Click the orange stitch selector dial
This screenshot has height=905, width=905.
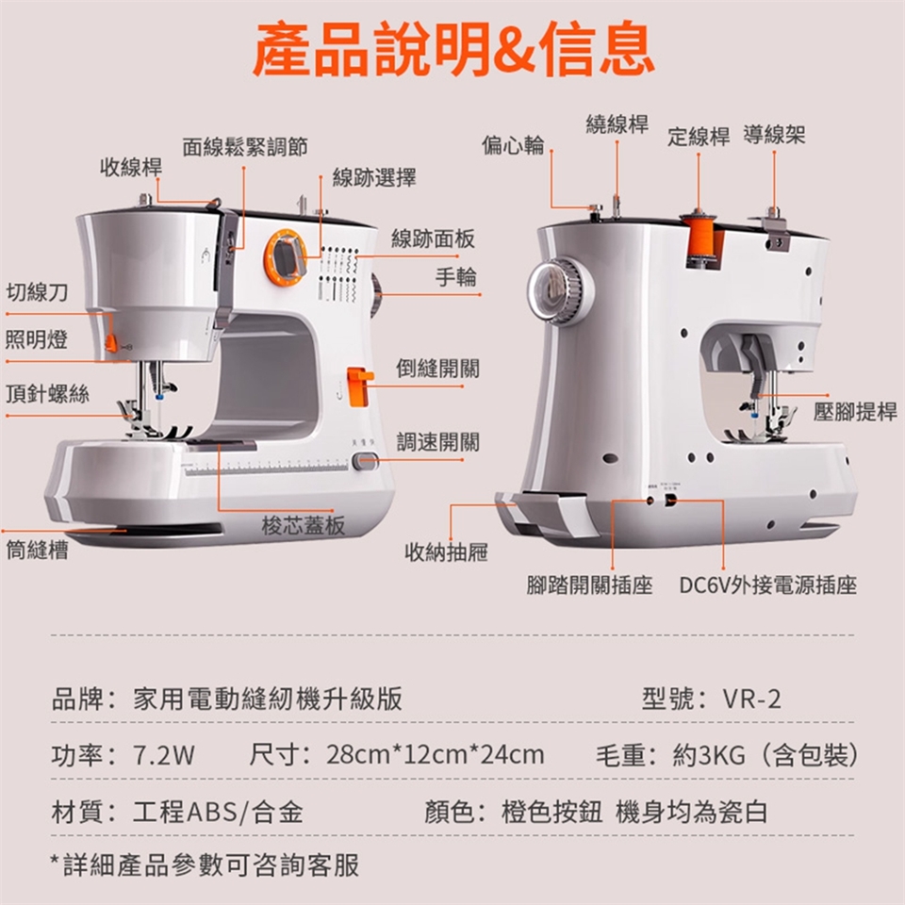(285, 257)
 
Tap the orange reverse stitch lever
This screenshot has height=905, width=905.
(360, 386)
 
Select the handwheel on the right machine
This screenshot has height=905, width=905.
(559, 292)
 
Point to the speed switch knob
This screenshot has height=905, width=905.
(365, 461)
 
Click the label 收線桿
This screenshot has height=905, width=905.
(131, 167)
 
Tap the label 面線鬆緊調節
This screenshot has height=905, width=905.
(245, 147)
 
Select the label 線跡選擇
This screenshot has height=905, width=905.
(374, 177)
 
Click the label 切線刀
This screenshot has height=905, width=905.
(37, 292)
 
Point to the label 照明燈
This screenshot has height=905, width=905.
(37, 338)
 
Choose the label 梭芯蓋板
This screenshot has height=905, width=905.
(303, 525)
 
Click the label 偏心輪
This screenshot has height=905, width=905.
(513, 144)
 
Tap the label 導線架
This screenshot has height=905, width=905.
(774, 135)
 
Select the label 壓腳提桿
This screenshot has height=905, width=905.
(855, 411)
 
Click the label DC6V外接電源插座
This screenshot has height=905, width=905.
(767, 585)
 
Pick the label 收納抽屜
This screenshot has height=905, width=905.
(446, 552)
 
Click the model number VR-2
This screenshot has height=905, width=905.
(752, 699)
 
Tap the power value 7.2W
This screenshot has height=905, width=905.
(164, 755)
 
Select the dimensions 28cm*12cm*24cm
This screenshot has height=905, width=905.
(436, 755)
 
